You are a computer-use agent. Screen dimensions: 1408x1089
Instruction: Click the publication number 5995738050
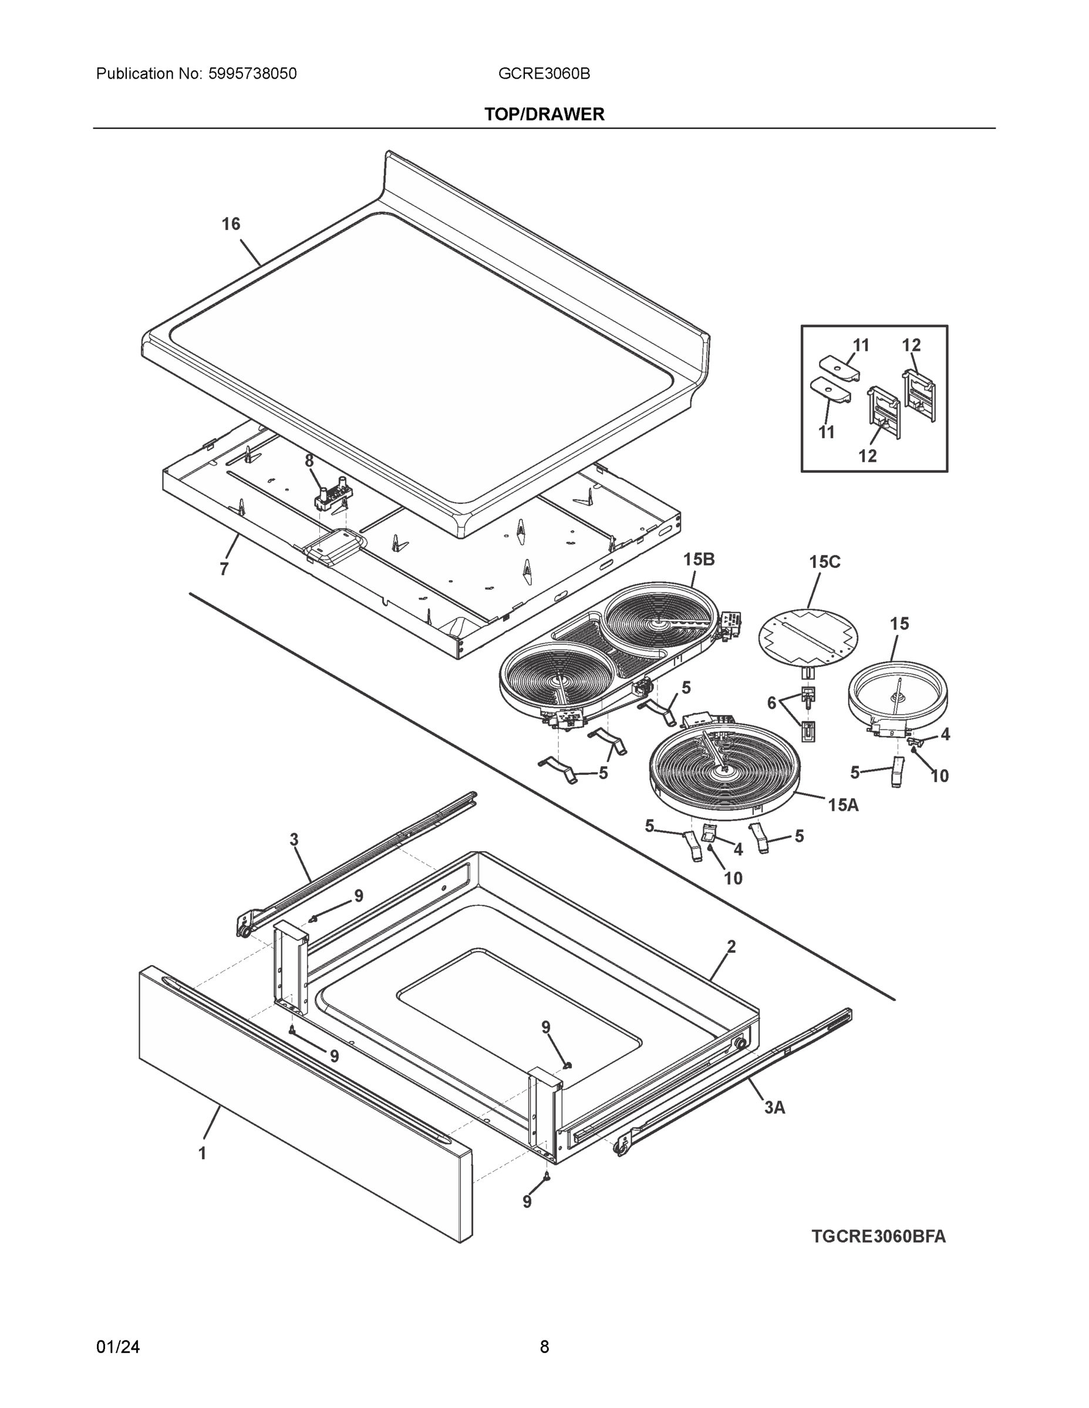click(252, 73)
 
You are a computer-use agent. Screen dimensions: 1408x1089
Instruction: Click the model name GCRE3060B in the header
click(544, 73)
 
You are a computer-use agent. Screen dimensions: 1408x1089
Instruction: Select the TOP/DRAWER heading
click(544, 114)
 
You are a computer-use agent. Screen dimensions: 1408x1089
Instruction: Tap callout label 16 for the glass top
click(231, 224)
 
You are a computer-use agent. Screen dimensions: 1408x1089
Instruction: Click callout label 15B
click(699, 559)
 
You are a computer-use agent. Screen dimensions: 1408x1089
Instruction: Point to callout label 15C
click(824, 561)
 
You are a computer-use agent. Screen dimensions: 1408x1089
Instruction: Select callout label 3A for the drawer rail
click(774, 1108)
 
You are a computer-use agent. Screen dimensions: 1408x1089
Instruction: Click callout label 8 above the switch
click(309, 461)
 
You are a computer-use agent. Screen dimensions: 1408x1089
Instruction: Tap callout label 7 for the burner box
click(224, 569)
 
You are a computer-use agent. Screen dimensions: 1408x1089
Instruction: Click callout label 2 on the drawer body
click(731, 946)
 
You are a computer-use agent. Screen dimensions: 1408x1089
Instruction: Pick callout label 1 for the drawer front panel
click(202, 1153)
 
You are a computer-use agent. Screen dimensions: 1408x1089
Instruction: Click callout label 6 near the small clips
click(771, 703)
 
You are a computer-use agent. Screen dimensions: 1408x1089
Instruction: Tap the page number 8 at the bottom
click(544, 1347)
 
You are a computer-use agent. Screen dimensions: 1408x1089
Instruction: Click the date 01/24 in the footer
click(118, 1347)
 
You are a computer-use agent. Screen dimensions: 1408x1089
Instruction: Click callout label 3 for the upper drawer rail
click(294, 840)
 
